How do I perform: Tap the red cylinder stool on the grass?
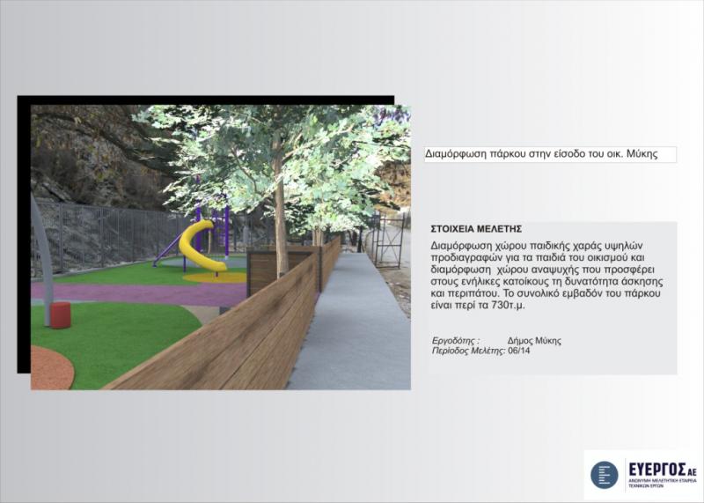pos(60,314)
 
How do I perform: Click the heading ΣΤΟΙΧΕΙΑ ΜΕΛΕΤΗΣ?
pos(476,229)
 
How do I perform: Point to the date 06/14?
pos(518,351)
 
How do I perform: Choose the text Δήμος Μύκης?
pos(534,340)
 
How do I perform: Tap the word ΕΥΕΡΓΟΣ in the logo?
pos(656,470)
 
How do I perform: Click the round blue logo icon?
pos(605,475)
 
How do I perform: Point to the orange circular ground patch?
pos(51,367)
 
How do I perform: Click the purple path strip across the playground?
pos(139,293)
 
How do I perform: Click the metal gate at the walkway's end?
pos(388,240)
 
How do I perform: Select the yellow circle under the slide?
pos(216,277)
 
